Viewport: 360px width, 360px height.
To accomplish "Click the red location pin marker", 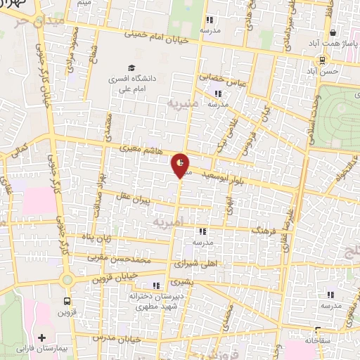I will coord(181,165).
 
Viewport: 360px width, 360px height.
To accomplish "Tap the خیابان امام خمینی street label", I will coord(157,36).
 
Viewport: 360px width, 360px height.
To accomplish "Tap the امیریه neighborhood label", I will coord(169,221).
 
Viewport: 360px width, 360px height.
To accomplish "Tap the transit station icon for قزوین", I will coord(67,281).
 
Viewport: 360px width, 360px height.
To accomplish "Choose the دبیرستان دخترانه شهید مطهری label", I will coord(151,302).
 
